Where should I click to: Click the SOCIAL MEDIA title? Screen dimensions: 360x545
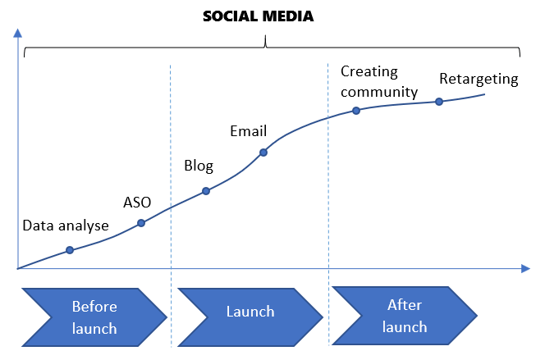coord(259,16)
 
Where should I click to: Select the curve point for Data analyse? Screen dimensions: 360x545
coord(70,249)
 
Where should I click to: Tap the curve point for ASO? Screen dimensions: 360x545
coord(141,222)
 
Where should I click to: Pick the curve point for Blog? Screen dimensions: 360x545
coord(206,191)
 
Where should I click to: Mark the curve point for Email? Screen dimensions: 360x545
coord(263,152)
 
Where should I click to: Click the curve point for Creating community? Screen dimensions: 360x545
coord(356,110)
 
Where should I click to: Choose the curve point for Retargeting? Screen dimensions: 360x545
coord(439,102)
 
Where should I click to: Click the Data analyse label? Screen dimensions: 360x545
coord(66,226)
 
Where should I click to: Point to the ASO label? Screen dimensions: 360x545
coord(137,202)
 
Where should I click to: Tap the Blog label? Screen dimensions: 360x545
coord(199,166)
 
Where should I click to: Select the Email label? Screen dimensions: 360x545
coord(248,130)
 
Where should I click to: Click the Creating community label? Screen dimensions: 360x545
coord(379,81)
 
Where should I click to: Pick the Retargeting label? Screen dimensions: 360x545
coord(479,80)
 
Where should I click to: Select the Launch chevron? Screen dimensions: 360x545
coord(250,312)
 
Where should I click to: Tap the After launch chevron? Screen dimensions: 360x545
coord(405,316)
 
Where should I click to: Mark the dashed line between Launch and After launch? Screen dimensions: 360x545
coord(328,205)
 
